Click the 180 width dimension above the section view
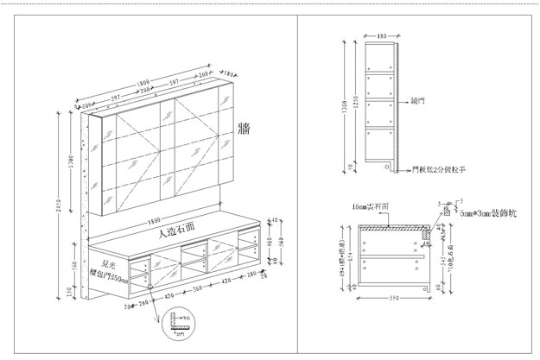coord(382,36)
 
